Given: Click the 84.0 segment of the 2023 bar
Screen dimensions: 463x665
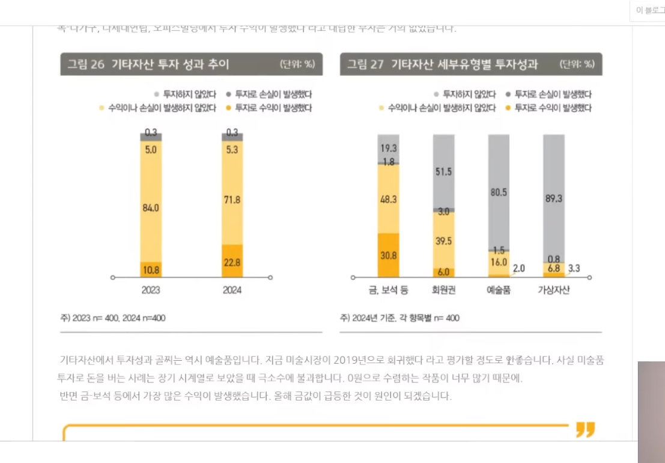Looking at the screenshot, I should coord(151,208).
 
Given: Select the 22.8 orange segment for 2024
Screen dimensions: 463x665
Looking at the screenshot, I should coord(232,262).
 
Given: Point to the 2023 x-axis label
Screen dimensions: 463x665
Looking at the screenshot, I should coord(151,290).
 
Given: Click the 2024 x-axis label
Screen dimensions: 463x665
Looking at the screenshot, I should coord(232,290).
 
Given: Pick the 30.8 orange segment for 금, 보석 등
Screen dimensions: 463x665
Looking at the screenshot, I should coord(389,255).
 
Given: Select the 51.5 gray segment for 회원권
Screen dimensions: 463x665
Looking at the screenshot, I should coord(443,171).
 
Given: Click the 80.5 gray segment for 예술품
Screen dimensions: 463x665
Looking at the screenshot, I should coord(499,192).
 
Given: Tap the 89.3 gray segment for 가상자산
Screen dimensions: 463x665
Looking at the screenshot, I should coord(554,198).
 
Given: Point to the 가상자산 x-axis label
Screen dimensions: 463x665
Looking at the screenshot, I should coord(554,290).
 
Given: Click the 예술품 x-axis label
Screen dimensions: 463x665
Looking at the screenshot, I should coord(499,290).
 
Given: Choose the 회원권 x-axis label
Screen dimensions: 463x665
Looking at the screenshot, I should coord(443,290).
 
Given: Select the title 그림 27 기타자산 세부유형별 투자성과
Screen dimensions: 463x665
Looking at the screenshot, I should coord(442,64).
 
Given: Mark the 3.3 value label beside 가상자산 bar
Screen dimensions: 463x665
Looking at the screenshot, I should coord(574,269).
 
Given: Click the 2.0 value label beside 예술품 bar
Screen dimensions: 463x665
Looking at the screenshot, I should coord(519,269).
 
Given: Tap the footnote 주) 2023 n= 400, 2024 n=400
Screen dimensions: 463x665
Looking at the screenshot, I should coord(113,318).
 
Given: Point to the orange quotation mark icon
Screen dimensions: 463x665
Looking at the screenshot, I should coord(585,429).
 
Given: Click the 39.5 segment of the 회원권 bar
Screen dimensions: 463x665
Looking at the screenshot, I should coord(443,241).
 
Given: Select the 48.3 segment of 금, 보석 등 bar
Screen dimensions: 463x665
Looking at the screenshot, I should coord(389,198).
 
